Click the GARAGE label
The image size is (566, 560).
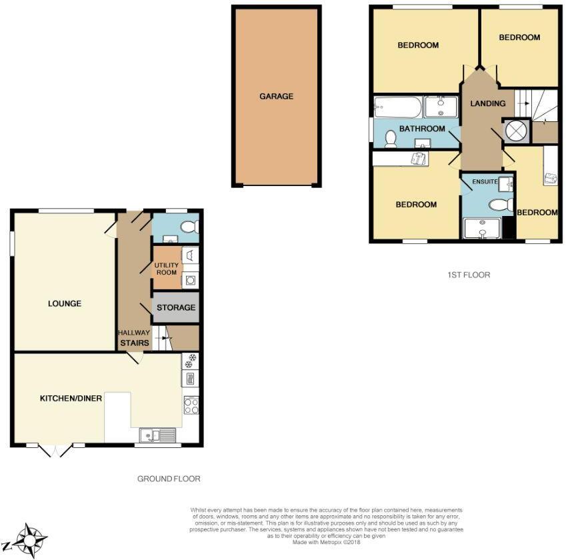coord(276,96)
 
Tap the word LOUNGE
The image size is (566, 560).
coord(65,303)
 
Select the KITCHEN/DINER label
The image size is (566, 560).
coord(71,399)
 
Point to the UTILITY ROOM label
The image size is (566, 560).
coord(167,269)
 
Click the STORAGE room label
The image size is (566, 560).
coord(177,307)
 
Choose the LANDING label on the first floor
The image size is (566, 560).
coord(487,103)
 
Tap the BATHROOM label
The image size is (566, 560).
coord(422,129)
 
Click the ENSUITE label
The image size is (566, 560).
coord(485,181)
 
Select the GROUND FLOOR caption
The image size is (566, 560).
coord(169,479)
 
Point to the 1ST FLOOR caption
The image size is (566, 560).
coord(468,274)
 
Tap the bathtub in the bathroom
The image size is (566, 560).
coord(397,106)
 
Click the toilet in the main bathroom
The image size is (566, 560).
coord(391,138)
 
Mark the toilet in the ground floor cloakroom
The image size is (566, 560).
coord(189,227)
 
